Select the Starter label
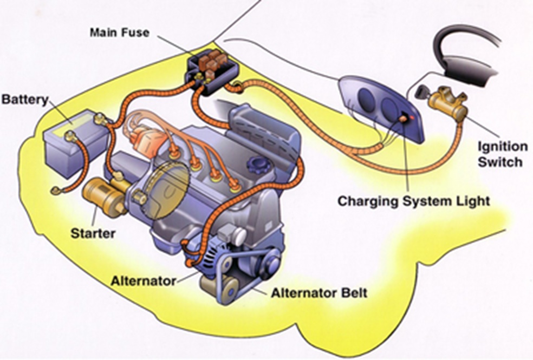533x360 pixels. (93, 233)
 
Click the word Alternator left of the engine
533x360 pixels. (144, 281)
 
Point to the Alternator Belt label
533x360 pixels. (319, 293)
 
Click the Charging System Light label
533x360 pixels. (414, 201)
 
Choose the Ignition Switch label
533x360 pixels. (502, 154)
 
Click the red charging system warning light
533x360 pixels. (412, 116)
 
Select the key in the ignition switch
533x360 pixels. (422, 93)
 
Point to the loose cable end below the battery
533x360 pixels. (56, 190)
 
